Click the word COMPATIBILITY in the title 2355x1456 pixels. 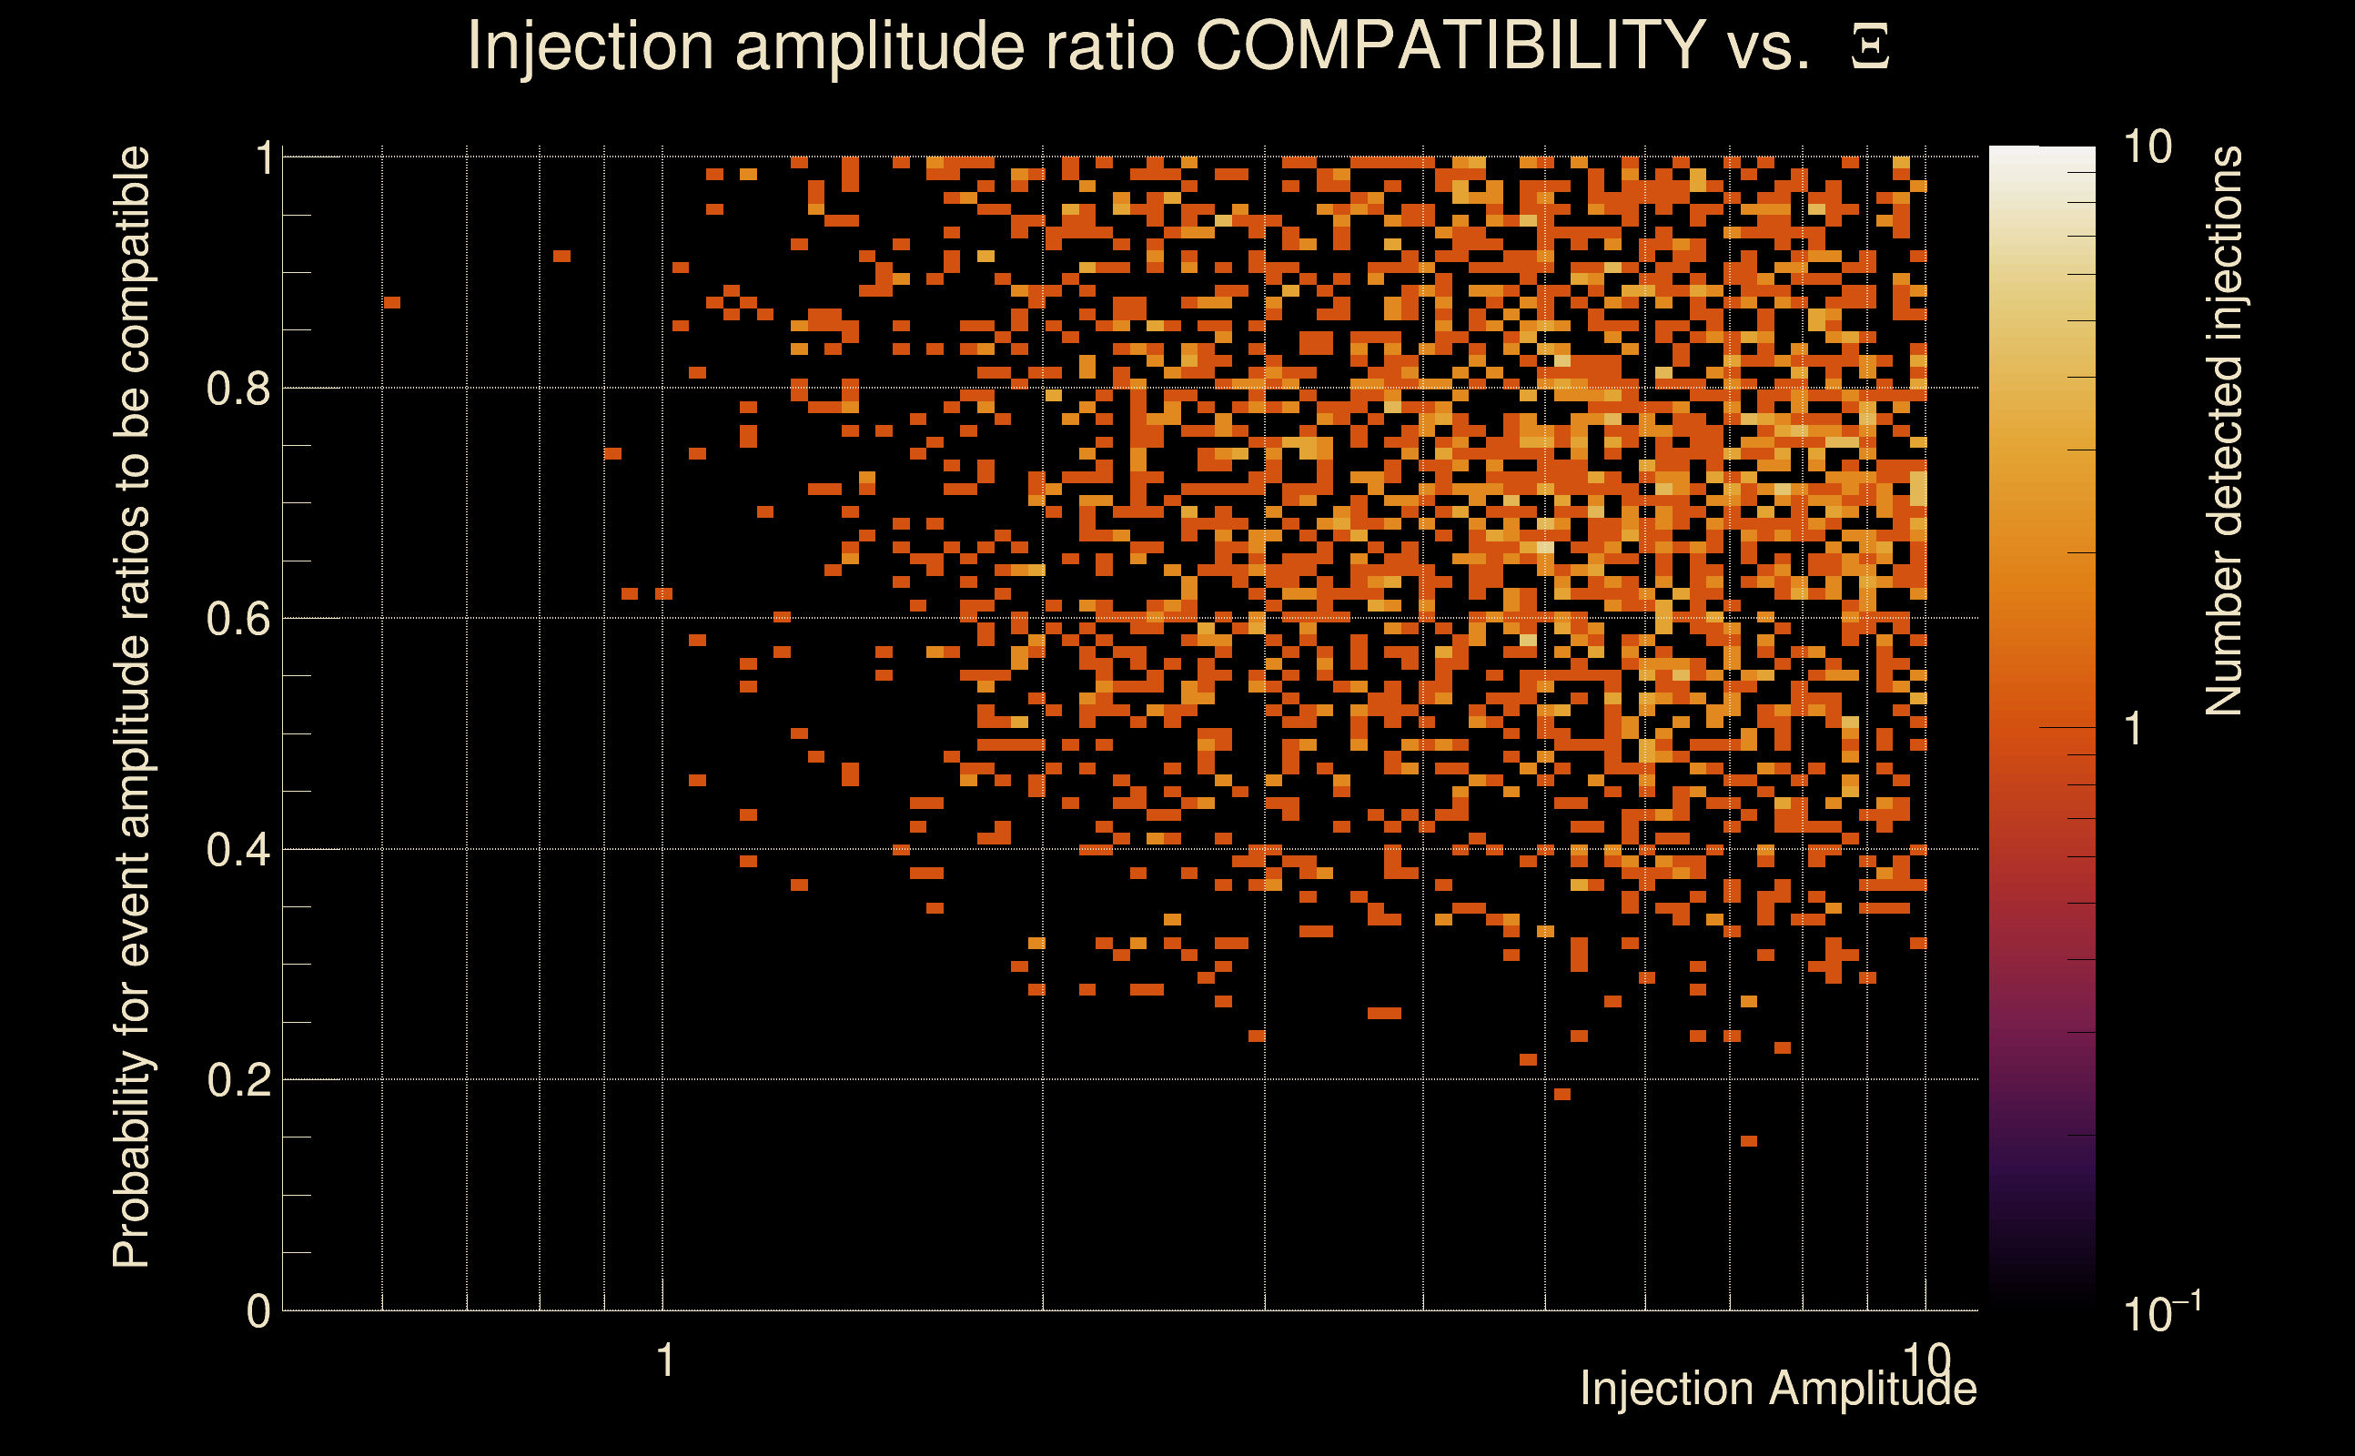(1450, 45)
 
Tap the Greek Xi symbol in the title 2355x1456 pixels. (1870, 47)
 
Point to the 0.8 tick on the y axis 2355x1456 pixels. (238, 389)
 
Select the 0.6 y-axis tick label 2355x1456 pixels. (238, 619)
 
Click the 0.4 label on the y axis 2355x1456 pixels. (238, 850)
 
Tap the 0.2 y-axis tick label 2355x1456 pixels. (238, 1080)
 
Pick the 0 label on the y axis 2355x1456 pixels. (258, 1311)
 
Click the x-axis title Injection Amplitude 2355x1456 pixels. (1778, 1389)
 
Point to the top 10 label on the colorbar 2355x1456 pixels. (2147, 147)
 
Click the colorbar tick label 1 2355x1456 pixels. (2133, 729)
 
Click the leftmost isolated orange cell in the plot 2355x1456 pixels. (391, 303)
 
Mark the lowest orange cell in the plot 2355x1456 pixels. (1748, 1141)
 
